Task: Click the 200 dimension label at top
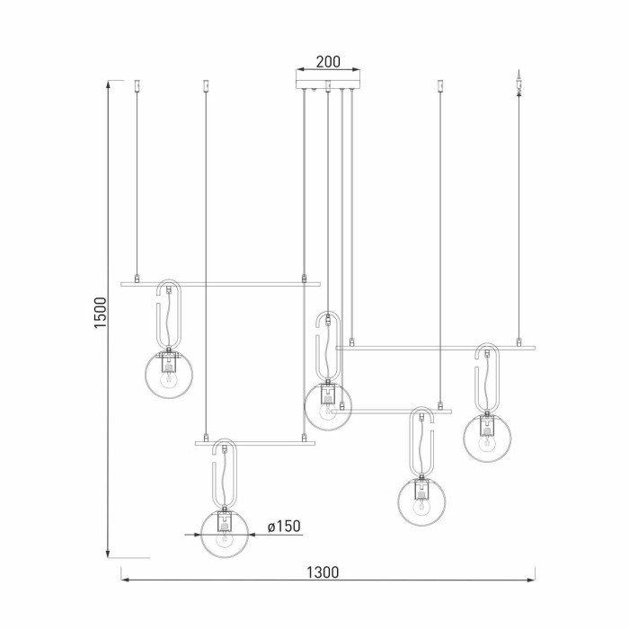point(328,62)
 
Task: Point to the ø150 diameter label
point(283,527)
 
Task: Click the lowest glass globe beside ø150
point(224,533)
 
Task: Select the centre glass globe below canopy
point(327,405)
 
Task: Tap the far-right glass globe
point(488,437)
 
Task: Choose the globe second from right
point(421,501)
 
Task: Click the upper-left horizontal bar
point(220,284)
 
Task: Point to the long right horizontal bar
point(435,347)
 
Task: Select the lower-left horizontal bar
point(255,443)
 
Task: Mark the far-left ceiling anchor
point(137,86)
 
